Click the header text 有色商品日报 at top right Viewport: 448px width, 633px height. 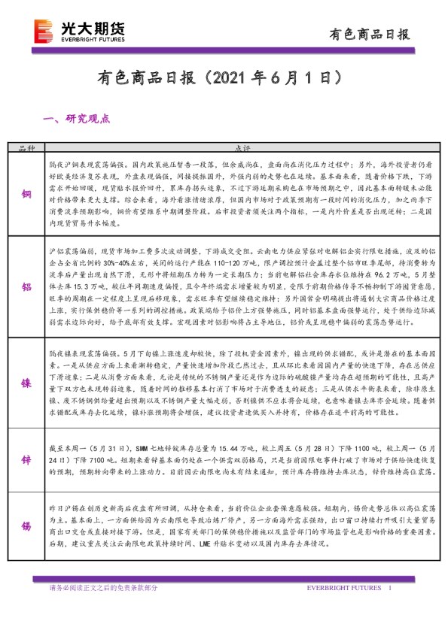click(370, 34)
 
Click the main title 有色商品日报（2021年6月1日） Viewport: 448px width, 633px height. click(224, 78)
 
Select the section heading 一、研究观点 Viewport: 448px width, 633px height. click(78, 119)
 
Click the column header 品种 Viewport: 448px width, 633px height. click(26, 148)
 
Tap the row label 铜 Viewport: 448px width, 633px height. click(26, 192)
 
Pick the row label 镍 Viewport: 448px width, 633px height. click(26, 382)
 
